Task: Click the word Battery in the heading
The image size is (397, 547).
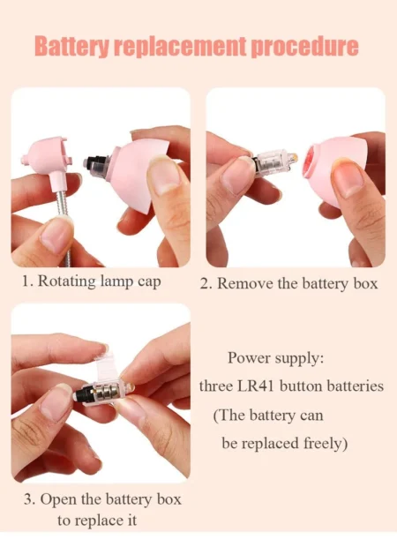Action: pyautogui.click(x=72, y=47)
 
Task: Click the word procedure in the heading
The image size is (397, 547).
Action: pyautogui.click(x=304, y=47)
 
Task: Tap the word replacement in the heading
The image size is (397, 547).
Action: pyautogui.click(x=180, y=46)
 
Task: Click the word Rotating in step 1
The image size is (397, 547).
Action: pyautogui.click(x=67, y=281)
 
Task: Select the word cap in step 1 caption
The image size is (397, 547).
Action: pyautogui.click(x=149, y=282)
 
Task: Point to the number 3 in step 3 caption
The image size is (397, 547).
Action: pyautogui.click(x=28, y=499)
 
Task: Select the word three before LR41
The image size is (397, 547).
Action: pyautogui.click(x=215, y=386)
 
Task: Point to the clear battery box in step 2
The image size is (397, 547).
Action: pyautogui.click(x=273, y=163)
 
